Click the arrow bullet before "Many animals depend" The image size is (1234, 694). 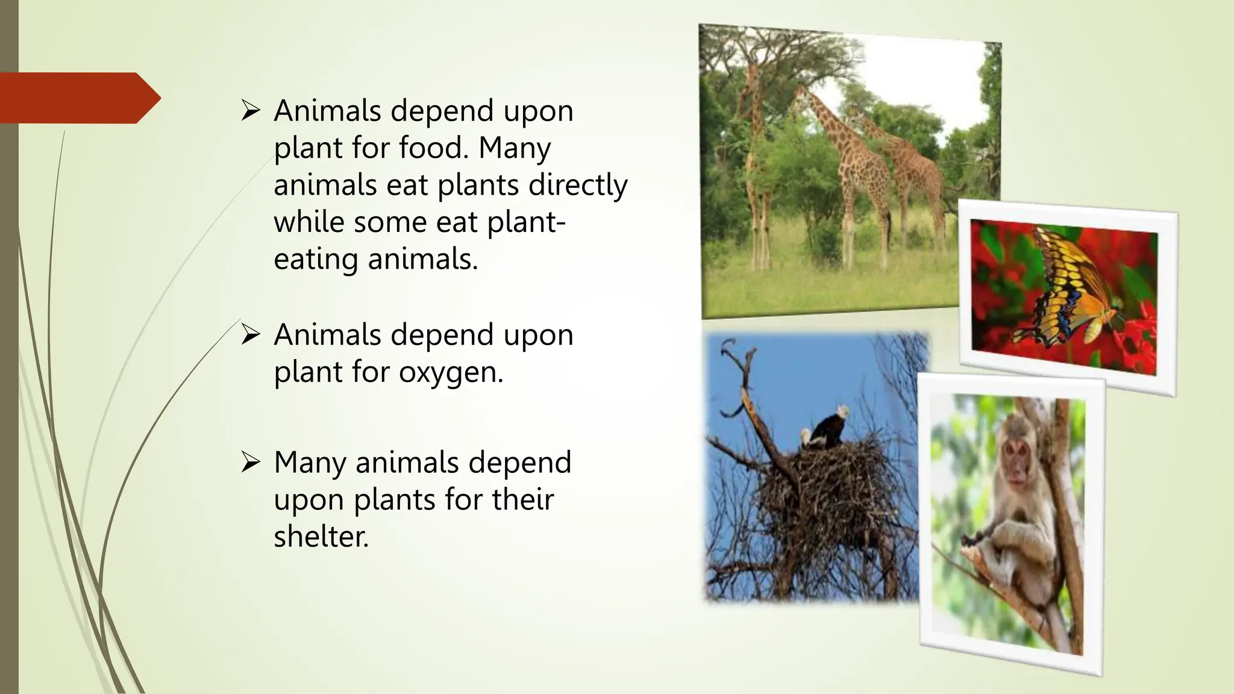[x=250, y=463]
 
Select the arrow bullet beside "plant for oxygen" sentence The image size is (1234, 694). [x=250, y=334]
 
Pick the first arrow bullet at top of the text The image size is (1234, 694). [x=250, y=110]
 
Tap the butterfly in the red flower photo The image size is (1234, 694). [x=1070, y=289]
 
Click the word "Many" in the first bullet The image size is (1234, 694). [x=514, y=148]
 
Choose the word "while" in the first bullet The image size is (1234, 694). [x=309, y=222]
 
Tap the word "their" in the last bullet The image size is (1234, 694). [x=522, y=499]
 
